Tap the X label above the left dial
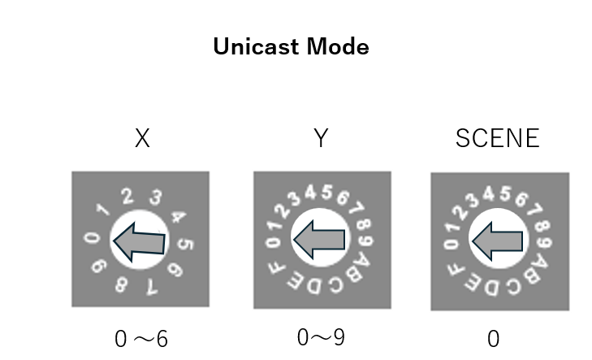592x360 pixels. point(142,139)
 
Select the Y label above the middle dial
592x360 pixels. point(322,139)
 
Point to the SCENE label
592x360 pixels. point(497,139)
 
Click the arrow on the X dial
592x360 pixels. point(140,241)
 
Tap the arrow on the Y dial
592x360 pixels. point(318,239)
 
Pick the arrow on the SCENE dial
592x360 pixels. point(497,241)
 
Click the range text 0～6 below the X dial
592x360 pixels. point(141,338)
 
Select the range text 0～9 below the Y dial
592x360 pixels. point(321,336)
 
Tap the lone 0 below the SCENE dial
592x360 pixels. point(493,338)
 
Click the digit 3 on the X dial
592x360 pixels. point(156,197)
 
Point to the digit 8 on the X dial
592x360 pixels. point(120,284)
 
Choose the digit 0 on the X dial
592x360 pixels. point(93,239)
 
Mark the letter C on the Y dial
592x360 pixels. point(336,285)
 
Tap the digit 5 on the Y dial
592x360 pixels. point(326,193)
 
